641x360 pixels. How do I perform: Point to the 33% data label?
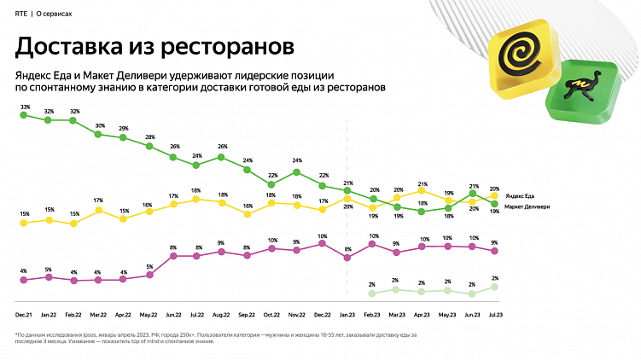[25, 107]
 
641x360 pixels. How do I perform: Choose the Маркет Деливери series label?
[527, 206]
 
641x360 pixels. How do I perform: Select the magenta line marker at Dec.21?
[24, 280]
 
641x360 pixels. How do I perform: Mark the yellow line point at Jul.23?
[494, 196]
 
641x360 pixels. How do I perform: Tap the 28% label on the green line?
[149, 137]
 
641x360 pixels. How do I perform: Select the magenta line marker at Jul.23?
[494, 252]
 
